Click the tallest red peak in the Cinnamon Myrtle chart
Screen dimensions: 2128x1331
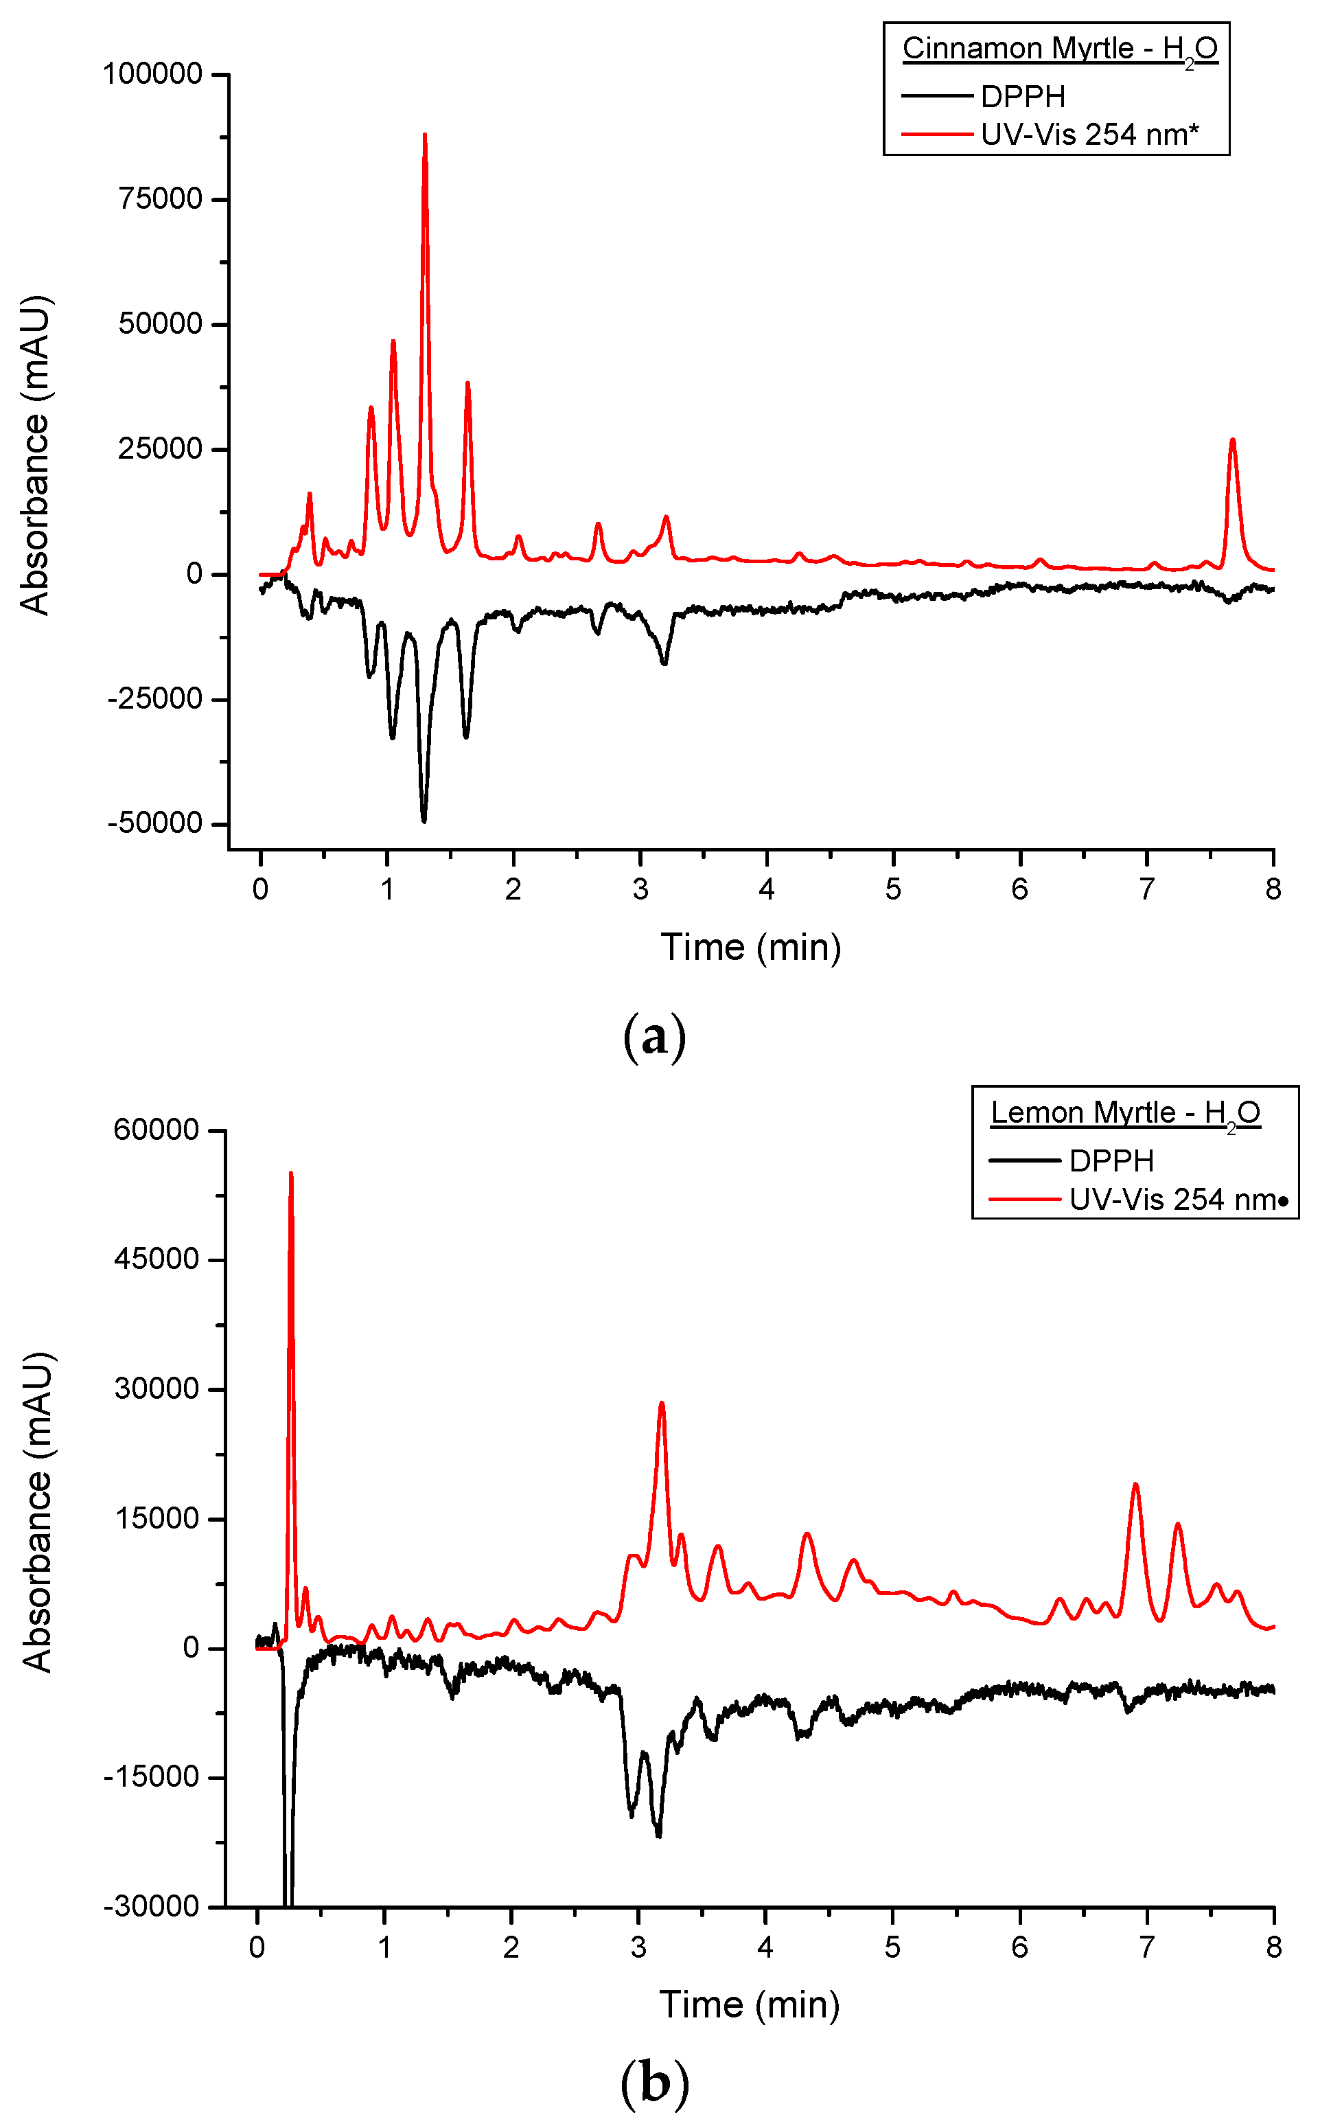click(424, 137)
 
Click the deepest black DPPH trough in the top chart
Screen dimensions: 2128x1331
click(424, 819)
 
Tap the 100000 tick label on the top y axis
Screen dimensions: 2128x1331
click(153, 74)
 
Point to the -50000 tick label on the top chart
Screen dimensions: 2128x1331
click(155, 824)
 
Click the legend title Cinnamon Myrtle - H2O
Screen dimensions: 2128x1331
click(1060, 49)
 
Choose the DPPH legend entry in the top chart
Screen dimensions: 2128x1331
click(1023, 96)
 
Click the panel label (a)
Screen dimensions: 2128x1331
click(654, 1037)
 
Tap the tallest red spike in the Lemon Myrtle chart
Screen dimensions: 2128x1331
click(290, 1177)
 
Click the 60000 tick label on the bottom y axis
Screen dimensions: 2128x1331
click(157, 1130)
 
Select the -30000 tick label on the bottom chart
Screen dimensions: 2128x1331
click(152, 1907)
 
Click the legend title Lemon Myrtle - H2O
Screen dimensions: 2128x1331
click(1126, 1113)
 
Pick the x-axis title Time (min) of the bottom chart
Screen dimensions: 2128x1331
click(749, 2004)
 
